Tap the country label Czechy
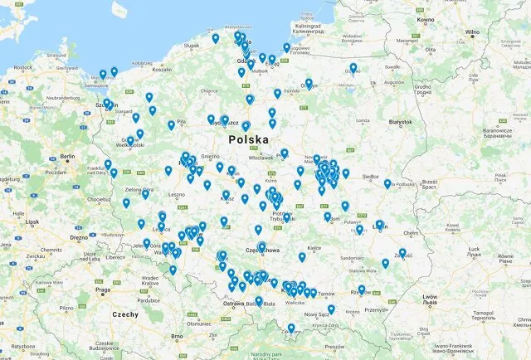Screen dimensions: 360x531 point(126,314)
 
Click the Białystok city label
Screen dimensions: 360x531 point(400,122)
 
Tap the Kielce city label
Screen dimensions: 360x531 point(314,247)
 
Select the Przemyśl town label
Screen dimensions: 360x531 point(377,309)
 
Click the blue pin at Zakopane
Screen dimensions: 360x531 point(291,328)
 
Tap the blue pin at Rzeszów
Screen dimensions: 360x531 point(362,289)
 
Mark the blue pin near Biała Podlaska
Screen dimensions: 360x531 point(387,183)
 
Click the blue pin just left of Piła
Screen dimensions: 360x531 point(172,125)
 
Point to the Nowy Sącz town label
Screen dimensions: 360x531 point(317,314)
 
